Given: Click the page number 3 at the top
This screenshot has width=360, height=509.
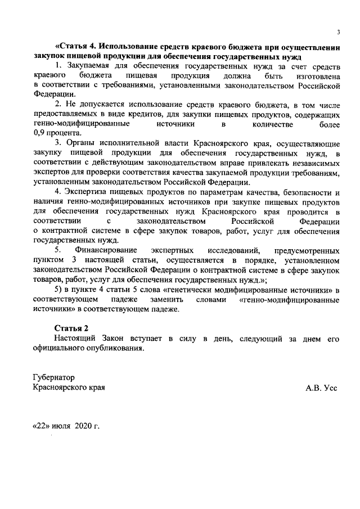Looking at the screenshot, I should click(338, 32).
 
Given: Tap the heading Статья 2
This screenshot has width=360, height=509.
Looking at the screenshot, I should click(71, 328).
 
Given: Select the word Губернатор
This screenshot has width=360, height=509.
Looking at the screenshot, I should click(53, 378).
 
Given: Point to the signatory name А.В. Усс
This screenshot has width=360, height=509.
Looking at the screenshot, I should click(321, 388).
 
